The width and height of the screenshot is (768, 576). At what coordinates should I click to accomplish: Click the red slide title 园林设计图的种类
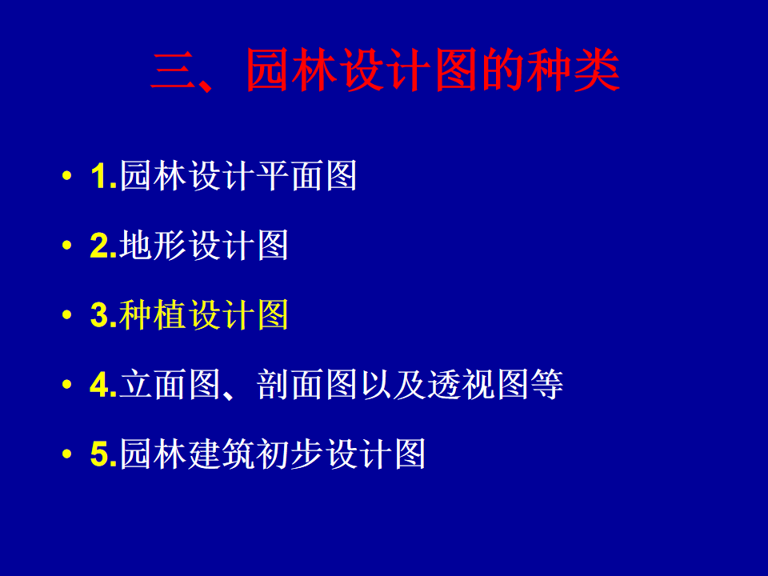(433, 70)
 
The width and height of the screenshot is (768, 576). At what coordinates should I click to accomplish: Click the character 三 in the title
(174, 71)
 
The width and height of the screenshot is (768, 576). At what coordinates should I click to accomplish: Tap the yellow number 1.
(100, 176)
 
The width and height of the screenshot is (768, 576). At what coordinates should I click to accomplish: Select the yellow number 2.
(100, 245)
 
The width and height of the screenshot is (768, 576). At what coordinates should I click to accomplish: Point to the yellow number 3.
(100, 314)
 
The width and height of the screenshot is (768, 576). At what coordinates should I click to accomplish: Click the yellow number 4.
(100, 385)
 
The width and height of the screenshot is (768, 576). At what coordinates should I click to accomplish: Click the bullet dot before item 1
(67, 175)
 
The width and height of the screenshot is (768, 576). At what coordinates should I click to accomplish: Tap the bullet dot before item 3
(67, 314)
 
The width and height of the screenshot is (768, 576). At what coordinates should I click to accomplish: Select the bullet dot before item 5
(67, 454)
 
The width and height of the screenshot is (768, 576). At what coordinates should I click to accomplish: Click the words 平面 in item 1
(289, 175)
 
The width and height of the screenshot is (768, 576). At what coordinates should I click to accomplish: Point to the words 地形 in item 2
(152, 245)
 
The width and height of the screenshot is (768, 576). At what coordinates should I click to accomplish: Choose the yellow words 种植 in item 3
(152, 314)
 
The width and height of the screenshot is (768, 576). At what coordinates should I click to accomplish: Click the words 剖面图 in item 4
(306, 385)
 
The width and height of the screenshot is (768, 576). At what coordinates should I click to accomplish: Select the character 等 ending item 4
(546, 385)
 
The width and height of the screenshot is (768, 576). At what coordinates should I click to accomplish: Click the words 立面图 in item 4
(170, 385)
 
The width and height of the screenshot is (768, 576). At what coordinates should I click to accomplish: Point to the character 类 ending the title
(597, 70)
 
